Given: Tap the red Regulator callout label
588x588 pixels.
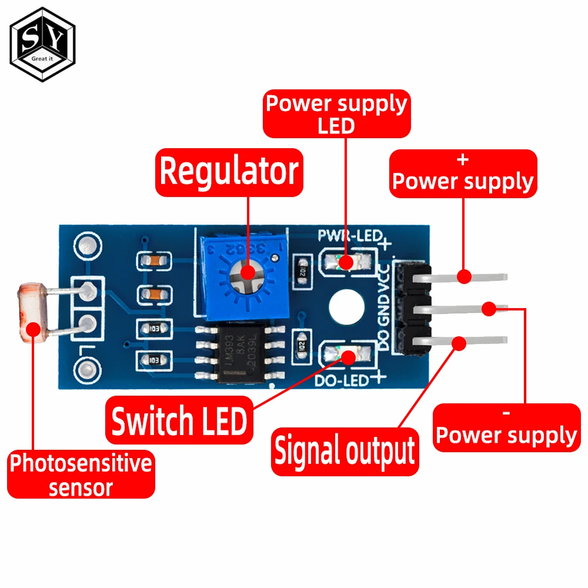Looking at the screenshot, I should coord(229,172).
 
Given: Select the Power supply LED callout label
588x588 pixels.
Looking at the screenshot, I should coord(336,114).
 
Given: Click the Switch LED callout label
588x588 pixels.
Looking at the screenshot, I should coord(179,422).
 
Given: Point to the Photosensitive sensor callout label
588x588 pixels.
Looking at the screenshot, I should coord(81,475).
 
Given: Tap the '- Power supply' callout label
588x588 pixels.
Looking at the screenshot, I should coord(507,427).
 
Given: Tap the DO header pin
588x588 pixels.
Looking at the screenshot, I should coord(465,340).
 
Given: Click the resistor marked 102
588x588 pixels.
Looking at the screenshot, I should coord(302,272).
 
